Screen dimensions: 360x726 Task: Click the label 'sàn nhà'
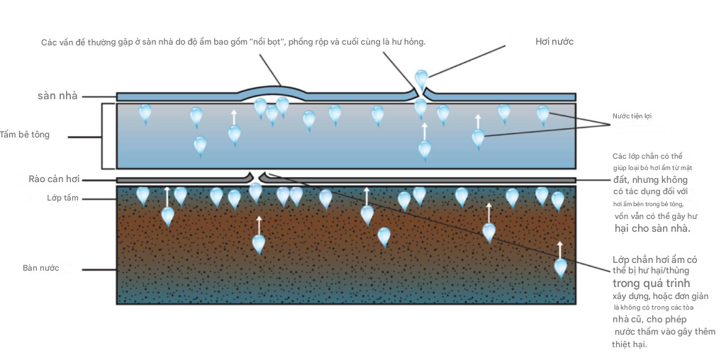pyautogui.click(x=57, y=96)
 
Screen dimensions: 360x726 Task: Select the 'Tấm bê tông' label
pyautogui.click(x=25, y=135)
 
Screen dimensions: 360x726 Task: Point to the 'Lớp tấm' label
pyautogui.click(x=62, y=198)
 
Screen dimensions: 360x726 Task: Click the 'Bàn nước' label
pyautogui.click(x=40, y=269)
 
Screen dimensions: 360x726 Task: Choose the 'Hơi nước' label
pyautogui.click(x=554, y=42)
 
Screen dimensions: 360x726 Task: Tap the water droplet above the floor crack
pyautogui.click(x=421, y=79)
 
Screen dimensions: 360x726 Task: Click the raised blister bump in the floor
pyautogui.click(x=270, y=89)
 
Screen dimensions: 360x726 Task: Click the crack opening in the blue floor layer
pyautogui.click(x=420, y=94)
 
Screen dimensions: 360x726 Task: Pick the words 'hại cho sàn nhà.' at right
pyautogui.click(x=652, y=229)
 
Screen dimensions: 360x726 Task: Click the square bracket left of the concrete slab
pyautogui.click(x=103, y=135)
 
